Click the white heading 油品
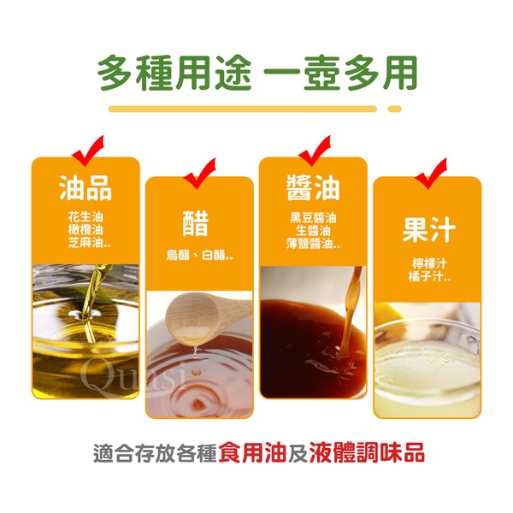pos(85,187)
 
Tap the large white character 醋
pos(195,223)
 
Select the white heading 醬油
pos(313,187)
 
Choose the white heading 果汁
pos(428,230)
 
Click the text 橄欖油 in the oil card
pos(85,230)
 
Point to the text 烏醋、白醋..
pos(199,255)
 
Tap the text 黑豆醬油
pos(313,218)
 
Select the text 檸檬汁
pos(429,263)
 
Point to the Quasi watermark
pos(132,376)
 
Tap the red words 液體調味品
pos(367,452)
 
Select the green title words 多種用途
pos(174,73)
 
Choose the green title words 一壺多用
pos(340,73)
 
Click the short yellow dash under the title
pos(394,109)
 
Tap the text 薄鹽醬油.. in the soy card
pos(313,244)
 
